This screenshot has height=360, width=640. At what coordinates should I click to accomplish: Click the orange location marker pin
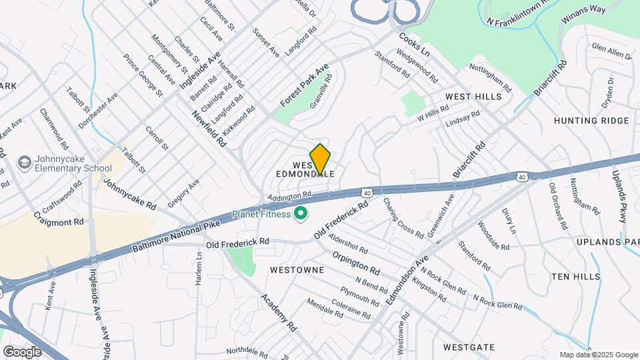321,159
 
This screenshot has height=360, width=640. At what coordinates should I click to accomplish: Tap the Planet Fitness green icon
300,214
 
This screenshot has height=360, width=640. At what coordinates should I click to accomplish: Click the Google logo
22,351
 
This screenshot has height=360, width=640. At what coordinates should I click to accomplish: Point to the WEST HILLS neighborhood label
473,97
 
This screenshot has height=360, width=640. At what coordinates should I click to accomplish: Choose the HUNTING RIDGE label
591,121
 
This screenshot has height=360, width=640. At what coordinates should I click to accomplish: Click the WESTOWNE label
297,270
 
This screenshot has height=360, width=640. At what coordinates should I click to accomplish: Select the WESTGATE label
469,347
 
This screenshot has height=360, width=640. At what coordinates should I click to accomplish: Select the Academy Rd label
279,313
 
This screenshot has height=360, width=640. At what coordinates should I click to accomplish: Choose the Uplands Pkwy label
621,193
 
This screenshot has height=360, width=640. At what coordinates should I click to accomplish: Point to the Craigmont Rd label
59,221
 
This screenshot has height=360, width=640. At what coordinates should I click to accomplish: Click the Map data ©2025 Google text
598,355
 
